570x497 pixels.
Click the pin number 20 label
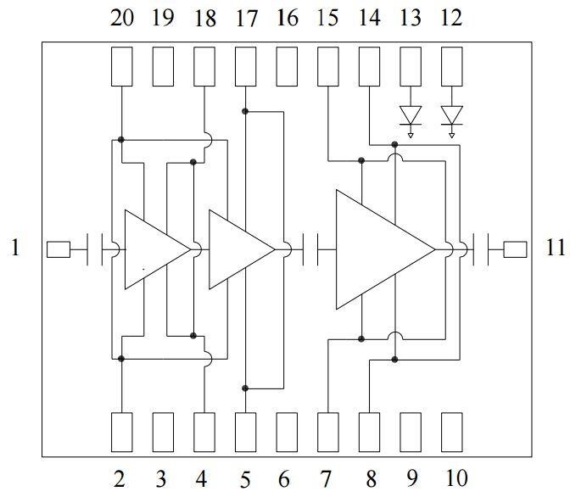click(x=122, y=18)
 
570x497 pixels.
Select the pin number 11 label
click(x=556, y=248)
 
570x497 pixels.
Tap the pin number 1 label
click(x=14, y=248)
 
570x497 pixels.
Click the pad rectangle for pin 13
click(x=411, y=66)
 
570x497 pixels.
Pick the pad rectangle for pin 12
click(x=452, y=66)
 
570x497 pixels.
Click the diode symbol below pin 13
click(x=411, y=115)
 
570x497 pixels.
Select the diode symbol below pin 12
click(x=452, y=115)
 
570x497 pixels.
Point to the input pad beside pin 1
click(x=59, y=249)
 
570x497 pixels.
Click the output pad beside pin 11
click(x=515, y=249)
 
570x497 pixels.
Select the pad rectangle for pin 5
click(x=245, y=432)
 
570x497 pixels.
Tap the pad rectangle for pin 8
click(x=370, y=432)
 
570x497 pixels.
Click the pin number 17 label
click(x=245, y=18)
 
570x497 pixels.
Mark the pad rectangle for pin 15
click(x=328, y=66)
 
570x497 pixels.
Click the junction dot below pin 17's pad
click(x=245, y=111)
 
